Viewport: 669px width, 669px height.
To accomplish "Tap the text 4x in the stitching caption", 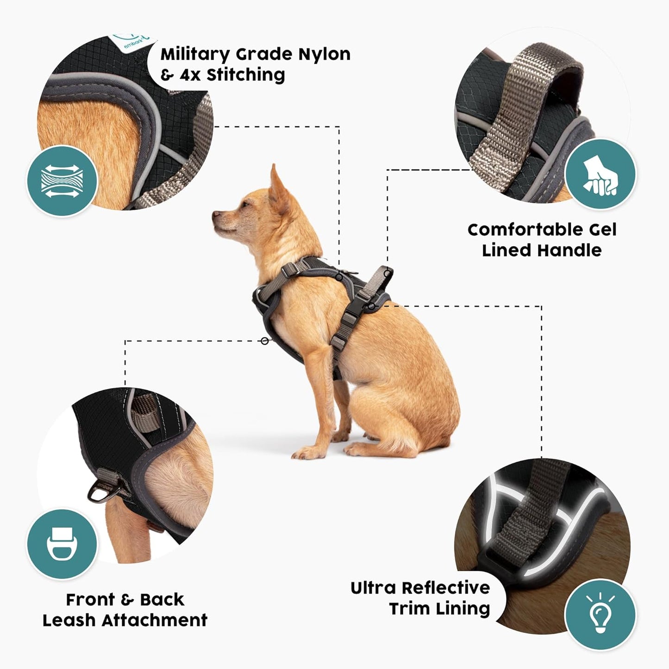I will click(190, 75).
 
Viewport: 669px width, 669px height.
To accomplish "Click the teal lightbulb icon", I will click(600, 614).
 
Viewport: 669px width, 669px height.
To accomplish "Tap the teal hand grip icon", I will click(600, 175).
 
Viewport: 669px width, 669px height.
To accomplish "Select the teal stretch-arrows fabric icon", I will click(62, 181).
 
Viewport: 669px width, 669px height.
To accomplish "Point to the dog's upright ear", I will click(278, 185).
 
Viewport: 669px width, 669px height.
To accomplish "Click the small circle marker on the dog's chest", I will click(264, 341).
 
